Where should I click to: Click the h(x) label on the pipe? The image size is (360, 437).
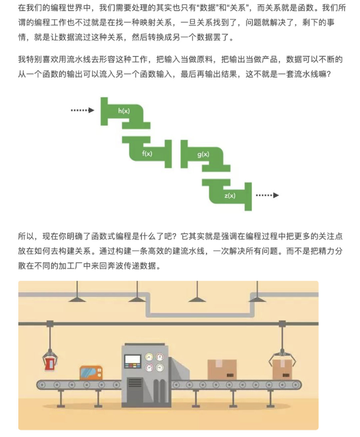pos(124,111)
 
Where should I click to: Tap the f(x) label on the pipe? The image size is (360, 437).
pos(147,153)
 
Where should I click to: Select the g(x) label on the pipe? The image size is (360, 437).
pos(203,154)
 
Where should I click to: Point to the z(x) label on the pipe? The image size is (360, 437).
pos(230,195)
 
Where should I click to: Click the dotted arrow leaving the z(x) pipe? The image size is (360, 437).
pos(267,195)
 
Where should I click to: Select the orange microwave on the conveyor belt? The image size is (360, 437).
pos(91,373)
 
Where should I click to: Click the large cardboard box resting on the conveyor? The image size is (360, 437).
pos(222,370)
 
